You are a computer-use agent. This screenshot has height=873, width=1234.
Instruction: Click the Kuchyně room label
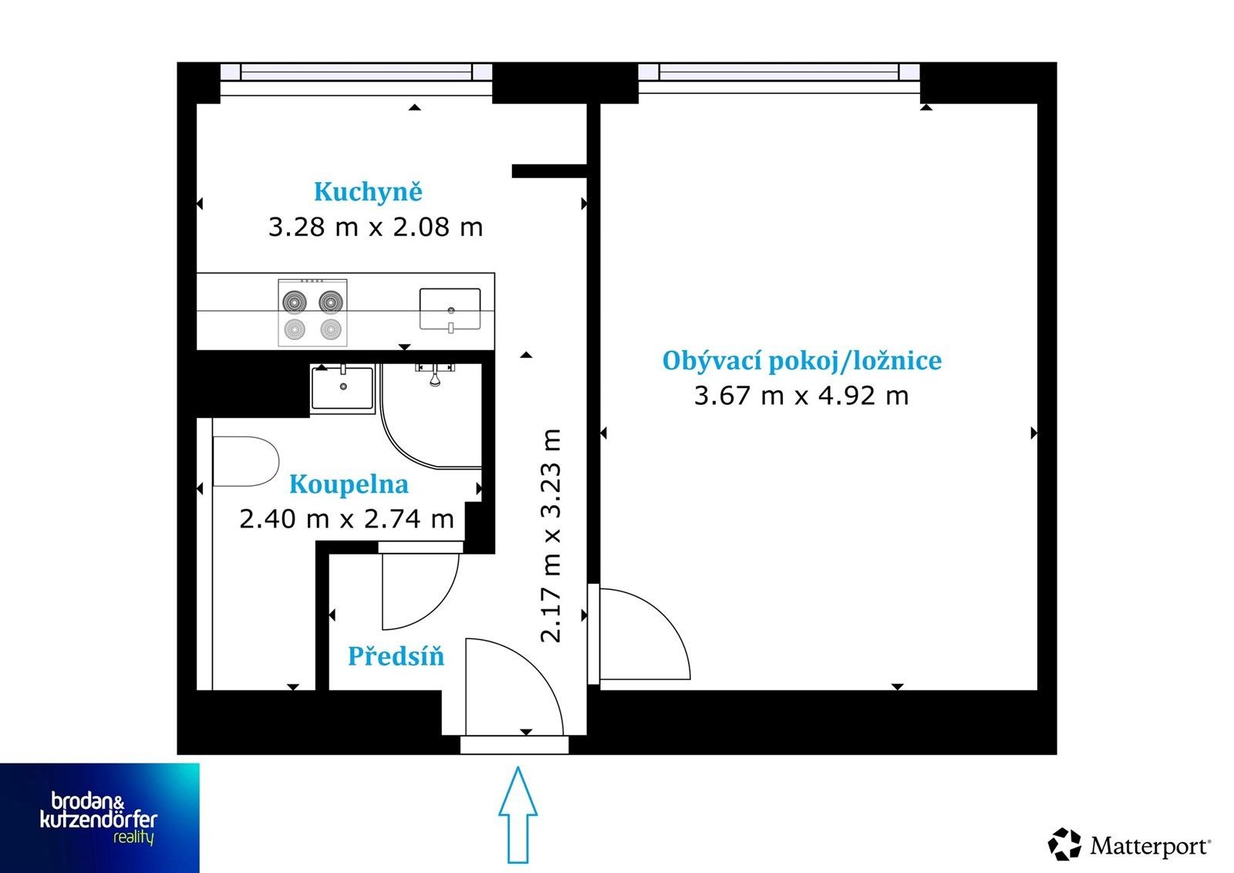pyautogui.click(x=368, y=192)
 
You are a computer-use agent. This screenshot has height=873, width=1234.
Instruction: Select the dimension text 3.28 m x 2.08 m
pyautogui.click(x=376, y=228)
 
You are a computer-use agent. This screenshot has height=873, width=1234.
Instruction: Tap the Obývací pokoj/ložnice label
pyautogui.click(x=801, y=361)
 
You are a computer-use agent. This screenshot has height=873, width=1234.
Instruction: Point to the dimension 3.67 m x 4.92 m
pyautogui.click(x=801, y=396)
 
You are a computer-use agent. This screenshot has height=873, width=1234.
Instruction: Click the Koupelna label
pyautogui.click(x=349, y=484)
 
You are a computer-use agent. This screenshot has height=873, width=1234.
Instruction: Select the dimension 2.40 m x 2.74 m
pyautogui.click(x=346, y=519)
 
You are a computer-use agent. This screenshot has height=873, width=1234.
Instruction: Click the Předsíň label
pyautogui.click(x=396, y=656)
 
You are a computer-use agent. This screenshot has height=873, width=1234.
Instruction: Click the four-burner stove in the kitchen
pyautogui.click(x=312, y=312)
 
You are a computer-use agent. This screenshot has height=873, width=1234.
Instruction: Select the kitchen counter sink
pyautogui.click(x=450, y=309)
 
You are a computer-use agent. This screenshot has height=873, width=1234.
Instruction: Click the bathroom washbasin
pyautogui.click(x=342, y=387)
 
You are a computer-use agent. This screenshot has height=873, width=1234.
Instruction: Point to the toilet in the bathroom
pyautogui.click(x=244, y=461)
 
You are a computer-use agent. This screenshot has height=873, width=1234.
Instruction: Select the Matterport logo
pyautogui.click(x=1129, y=844)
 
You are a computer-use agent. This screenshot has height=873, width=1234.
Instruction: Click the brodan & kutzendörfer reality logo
pyautogui.click(x=99, y=818)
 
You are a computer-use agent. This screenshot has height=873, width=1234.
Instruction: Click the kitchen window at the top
pyautogui.click(x=356, y=72)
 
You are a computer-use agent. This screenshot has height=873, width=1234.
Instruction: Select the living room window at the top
pyautogui.click(x=779, y=72)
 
